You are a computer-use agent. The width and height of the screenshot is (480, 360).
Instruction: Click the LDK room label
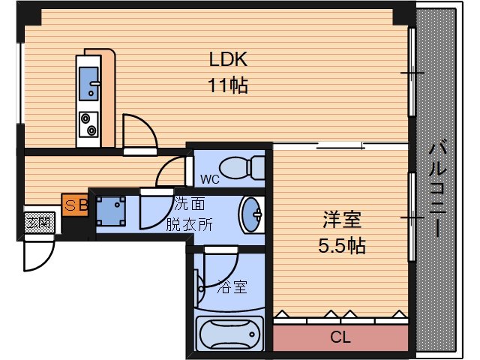pyautogui.click(x=228, y=59)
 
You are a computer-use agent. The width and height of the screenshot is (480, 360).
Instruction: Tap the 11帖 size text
pyautogui.click(x=228, y=85)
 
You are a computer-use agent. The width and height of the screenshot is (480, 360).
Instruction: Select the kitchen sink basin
pyautogui.click(x=88, y=83)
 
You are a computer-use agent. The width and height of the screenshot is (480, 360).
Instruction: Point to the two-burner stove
pyautogui.click(x=88, y=124)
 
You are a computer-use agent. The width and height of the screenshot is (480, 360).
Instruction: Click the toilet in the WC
pyautogui.click(x=242, y=168)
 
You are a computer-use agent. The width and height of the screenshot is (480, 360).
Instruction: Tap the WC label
pyautogui.click(x=210, y=179)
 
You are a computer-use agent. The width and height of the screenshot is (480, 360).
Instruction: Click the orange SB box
pyautogui.click(x=75, y=205)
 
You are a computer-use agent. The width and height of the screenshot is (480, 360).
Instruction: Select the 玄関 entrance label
pyautogui.click(x=40, y=223)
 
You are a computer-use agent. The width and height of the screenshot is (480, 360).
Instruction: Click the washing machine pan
pyautogui.click(x=111, y=211)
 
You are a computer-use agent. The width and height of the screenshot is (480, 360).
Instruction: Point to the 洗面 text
pyautogui.click(x=190, y=203)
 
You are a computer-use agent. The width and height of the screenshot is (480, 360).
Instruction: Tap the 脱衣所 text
pyautogui.click(x=189, y=225)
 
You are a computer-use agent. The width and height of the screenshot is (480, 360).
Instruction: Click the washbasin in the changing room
pyautogui.click(x=251, y=214)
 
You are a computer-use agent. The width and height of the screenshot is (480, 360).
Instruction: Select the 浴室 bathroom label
pyautogui.click(x=232, y=287)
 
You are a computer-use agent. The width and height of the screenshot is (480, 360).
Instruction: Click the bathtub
pyautogui.click(x=229, y=334)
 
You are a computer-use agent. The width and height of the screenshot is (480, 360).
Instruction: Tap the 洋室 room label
pyautogui.click(x=342, y=220)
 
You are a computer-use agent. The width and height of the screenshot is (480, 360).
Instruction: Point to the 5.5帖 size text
pyautogui.click(x=342, y=245)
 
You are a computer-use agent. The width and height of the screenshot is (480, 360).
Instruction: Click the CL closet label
pyautogui.click(x=340, y=337)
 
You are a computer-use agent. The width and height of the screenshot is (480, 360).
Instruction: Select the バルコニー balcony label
pyautogui.click(x=438, y=188)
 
